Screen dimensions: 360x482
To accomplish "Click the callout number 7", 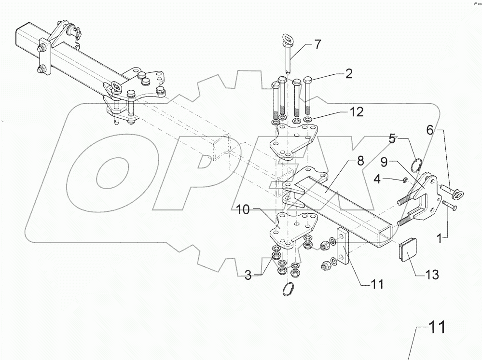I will (317, 45).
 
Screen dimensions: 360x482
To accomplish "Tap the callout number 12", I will (356, 112).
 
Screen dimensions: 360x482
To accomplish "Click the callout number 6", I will (429, 129).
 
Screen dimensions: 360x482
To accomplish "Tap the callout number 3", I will (248, 276).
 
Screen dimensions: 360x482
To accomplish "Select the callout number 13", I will (432, 275).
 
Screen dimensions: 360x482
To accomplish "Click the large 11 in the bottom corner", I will (436, 328).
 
